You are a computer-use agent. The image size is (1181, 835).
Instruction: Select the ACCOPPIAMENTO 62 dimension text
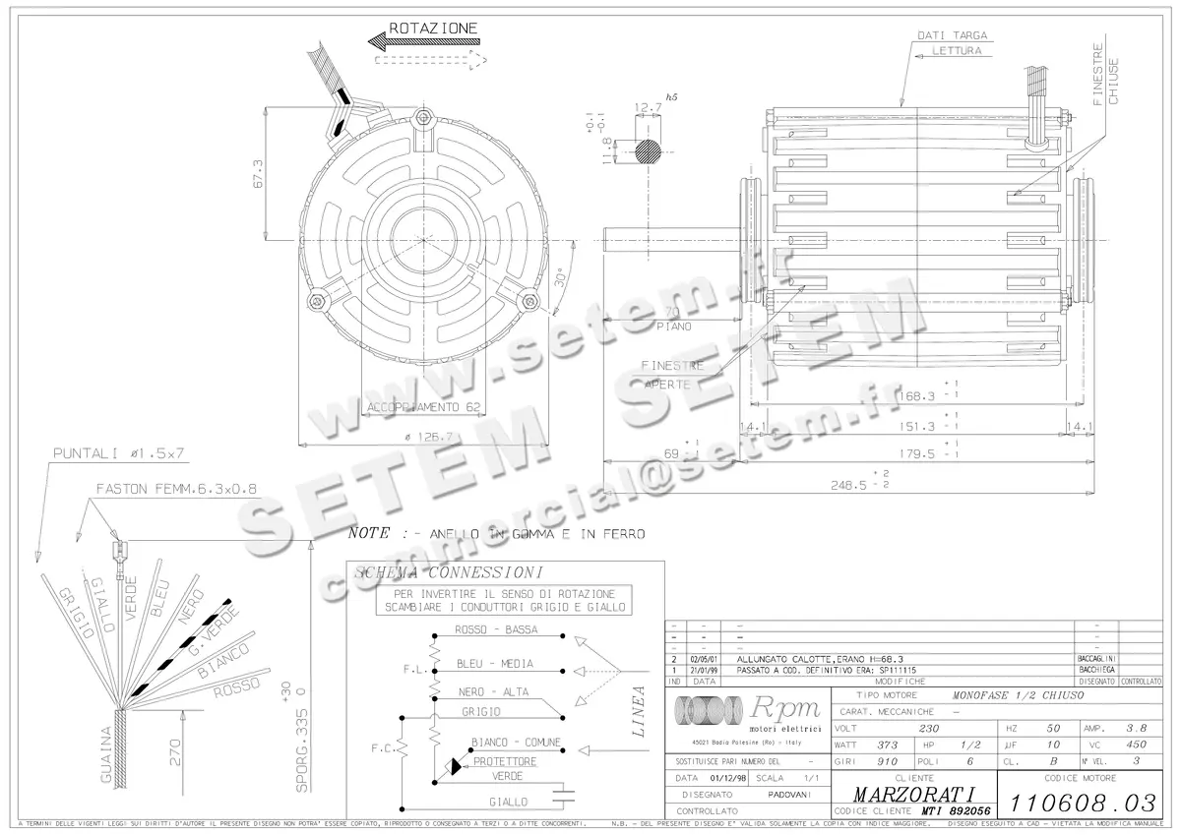pyautogui.click(x=424, y=406)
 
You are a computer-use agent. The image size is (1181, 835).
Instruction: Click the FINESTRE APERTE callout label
pyautogui.click(x=672, y=375)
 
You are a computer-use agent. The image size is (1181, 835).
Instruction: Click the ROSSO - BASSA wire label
pyautogui.click(x=495, y=629)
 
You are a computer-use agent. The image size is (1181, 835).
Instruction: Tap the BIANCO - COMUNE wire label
pyautogui.click(x=516, y=742)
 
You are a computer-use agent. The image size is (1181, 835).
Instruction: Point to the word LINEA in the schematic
pyautogui.click(x=638, y=711)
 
